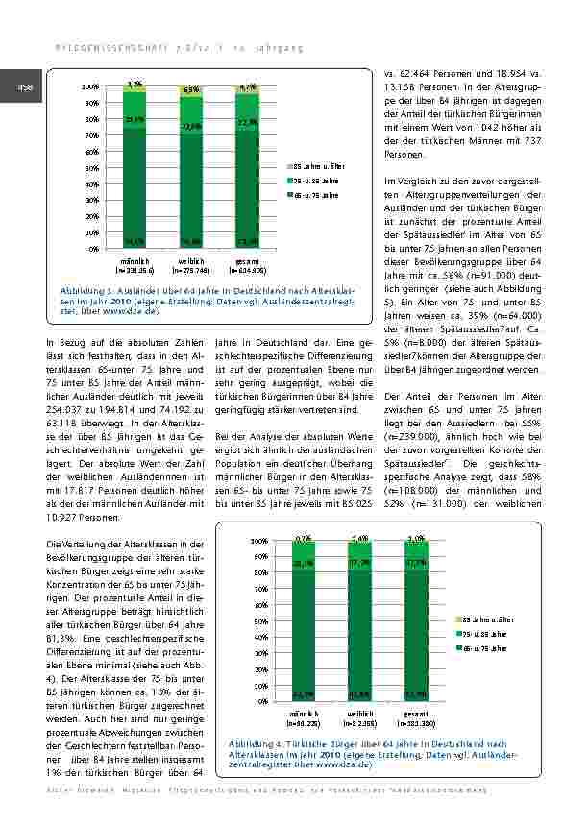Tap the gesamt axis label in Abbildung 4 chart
click(416, 714)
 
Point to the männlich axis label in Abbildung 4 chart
click(305, 714)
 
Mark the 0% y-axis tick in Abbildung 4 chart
click(260, 701)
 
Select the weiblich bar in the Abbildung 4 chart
click(360, 624)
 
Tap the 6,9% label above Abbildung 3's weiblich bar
click(190, 89)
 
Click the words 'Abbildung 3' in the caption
click(85, 288)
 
